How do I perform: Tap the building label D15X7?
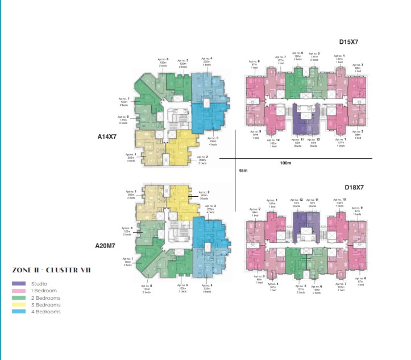348,42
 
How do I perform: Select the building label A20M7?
106,246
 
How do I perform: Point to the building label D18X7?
354,187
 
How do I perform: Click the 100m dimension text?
285,164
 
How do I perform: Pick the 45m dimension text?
243,171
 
